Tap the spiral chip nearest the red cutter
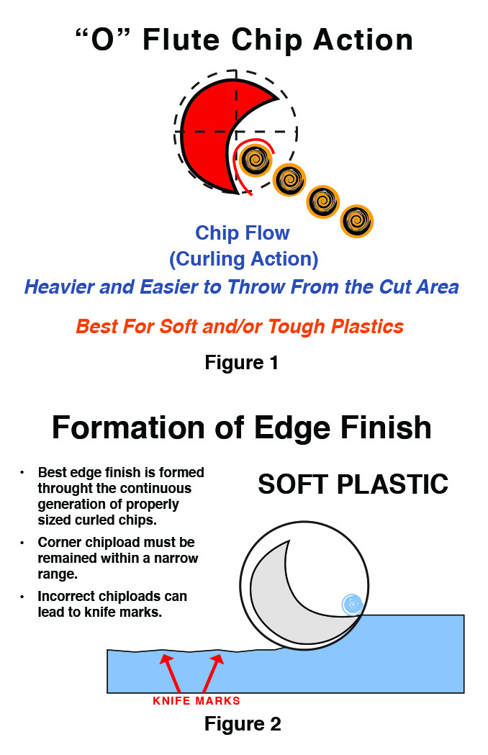pyautogui.click(x=254, y=159)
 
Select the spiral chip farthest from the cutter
pyautogui.click(x=356, y=221)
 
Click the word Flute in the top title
pyautogui.click(x=182, y=40)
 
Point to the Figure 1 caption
pyautogui.click(x=241, y=362)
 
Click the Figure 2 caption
pyautogui.click(x=243, y=723)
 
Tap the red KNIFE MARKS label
pyautogui.click(x=196, y=700)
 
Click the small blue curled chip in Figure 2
pyautogui.click(x=352, y=605)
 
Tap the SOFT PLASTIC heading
pyautogui.click(x=353, y=484)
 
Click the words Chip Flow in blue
pyautogui.click(x=243, y=233)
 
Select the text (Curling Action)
pyautogui.click(x=243, y=258)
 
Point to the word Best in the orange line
pyautogui.click(x=96, y=327)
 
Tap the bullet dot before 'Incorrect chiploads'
pyautogui.click(x=22, y=597)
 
